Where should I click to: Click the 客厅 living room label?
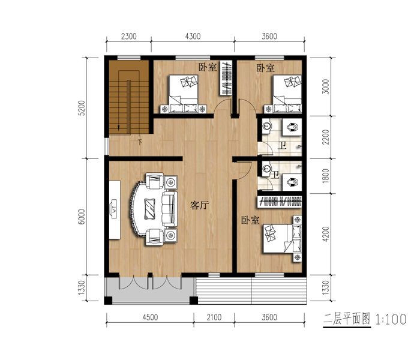pyautogui.click(x=199, y=205)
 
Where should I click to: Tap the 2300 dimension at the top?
pyautogui.click(x=129, y=36)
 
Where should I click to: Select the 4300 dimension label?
pyautogui.click(x=193, y=36)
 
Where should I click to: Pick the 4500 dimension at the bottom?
pyautogui.click(x=150, y=317)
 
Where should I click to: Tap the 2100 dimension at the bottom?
pyautogui.click(x=214, y=317)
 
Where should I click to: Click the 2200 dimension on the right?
pyautogui.click(x=325, y=137)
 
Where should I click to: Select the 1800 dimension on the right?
pyautogui.click(x=325, y=176)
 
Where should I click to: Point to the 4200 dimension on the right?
pyautogui.click(x=325, y=234)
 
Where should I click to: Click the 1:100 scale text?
pyautogui.click(x=391, y=319)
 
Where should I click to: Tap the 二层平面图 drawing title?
pyautogui.click(x=347, y=319)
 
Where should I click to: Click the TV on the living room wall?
pyautogui.click(x=115, y=210)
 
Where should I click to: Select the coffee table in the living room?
pyautogui.click(x=149, y=209)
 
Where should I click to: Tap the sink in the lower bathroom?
pyautogui.click(x=266, y=169)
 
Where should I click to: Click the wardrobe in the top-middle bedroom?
pyautogui.click(x=226, y=78)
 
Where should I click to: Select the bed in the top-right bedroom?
pyautogui.click(x=287, y=94)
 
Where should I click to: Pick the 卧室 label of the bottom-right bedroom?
pyautogui.click(x=250, y=220)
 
